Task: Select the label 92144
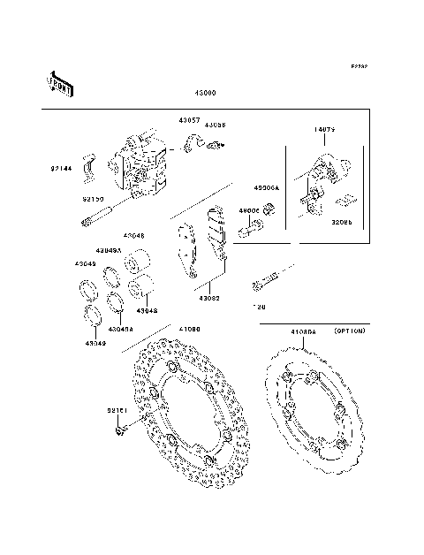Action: pyautogui.click(x=61, y=167)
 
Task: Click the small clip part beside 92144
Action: pyautogui.click(x=88, y=165)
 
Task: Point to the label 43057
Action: pyautogui.click(x=190, y=119)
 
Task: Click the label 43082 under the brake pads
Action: pyautogui.click(x=209, y=298)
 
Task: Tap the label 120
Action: pyautogui.click(x=259, y=307)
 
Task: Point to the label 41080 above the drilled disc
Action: pyautogui.click(x=190, y=329)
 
